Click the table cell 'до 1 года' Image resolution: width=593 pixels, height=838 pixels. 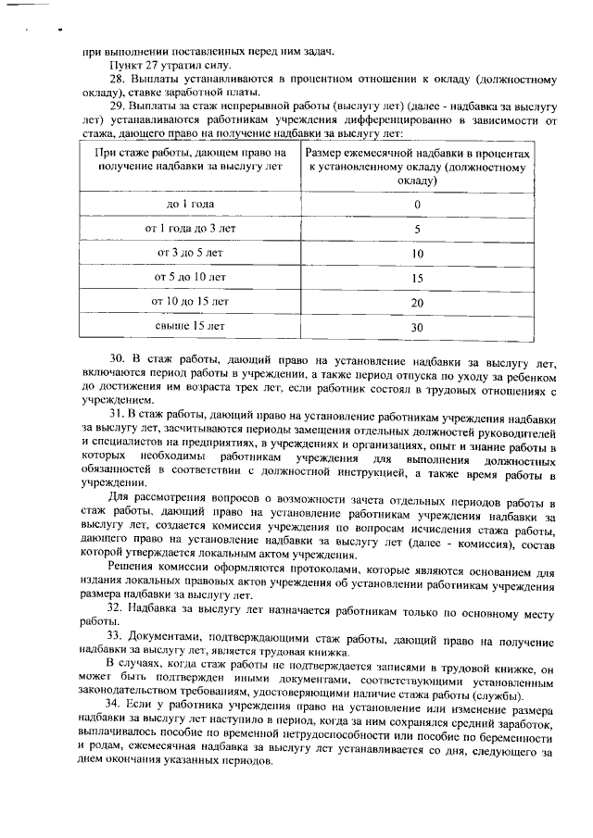click(x=190, y=204)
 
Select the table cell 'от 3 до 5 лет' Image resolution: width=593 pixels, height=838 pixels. click(x=190, y=252)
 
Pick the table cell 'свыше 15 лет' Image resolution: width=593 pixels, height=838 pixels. click(x=190, y=326)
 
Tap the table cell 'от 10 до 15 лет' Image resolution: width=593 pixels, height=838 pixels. click(x=190, y=301)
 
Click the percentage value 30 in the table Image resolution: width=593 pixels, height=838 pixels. click(x=417, y=327)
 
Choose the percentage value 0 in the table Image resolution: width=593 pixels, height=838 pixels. click(x=417, y=205)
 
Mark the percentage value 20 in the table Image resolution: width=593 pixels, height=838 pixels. click(x=417, y=302)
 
